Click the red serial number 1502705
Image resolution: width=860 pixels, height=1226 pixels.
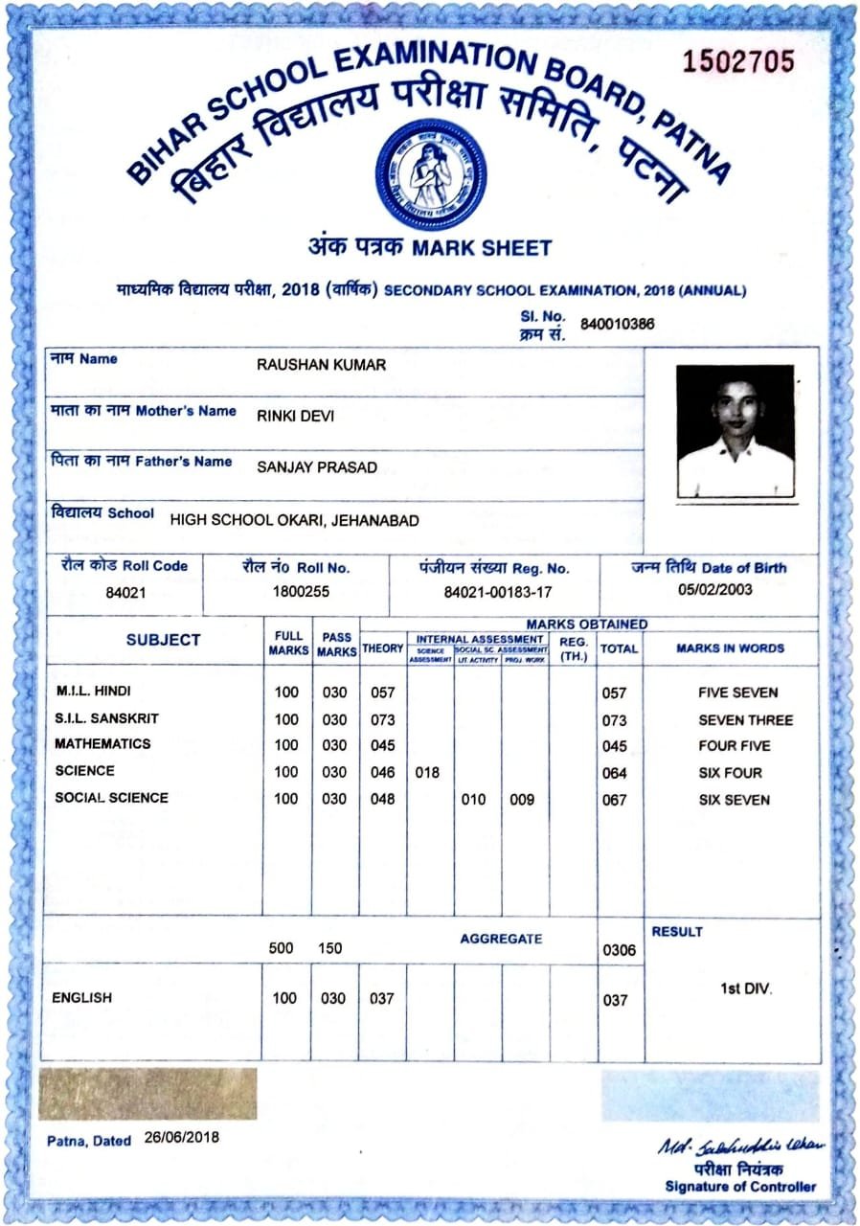[x=738, y=61]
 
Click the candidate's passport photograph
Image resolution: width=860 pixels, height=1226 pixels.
[x=735, y=430]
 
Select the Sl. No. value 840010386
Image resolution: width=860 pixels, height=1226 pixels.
[x=618, y=323]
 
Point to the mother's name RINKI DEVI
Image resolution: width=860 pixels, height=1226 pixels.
[x=296, y=416]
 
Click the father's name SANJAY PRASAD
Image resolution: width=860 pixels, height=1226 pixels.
[x=317, y=467]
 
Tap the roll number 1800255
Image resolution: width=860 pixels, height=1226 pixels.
[x=301, y=592]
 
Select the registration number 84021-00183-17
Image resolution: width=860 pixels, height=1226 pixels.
[x=499, y=593]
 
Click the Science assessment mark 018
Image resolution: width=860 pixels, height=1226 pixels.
[x=427, y=772]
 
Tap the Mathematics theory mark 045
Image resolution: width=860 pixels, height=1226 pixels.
[x=382, y=745]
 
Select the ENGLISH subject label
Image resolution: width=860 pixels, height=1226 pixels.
[x=82, y=998]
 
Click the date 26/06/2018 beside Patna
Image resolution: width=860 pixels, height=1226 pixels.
[x=182, y=1137]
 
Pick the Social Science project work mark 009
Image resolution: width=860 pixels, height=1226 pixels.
[x=522, y=799]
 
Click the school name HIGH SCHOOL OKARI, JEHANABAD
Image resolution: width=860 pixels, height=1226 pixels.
[x=294, y=521]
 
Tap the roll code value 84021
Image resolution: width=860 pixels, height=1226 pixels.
[x=125, y=592]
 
